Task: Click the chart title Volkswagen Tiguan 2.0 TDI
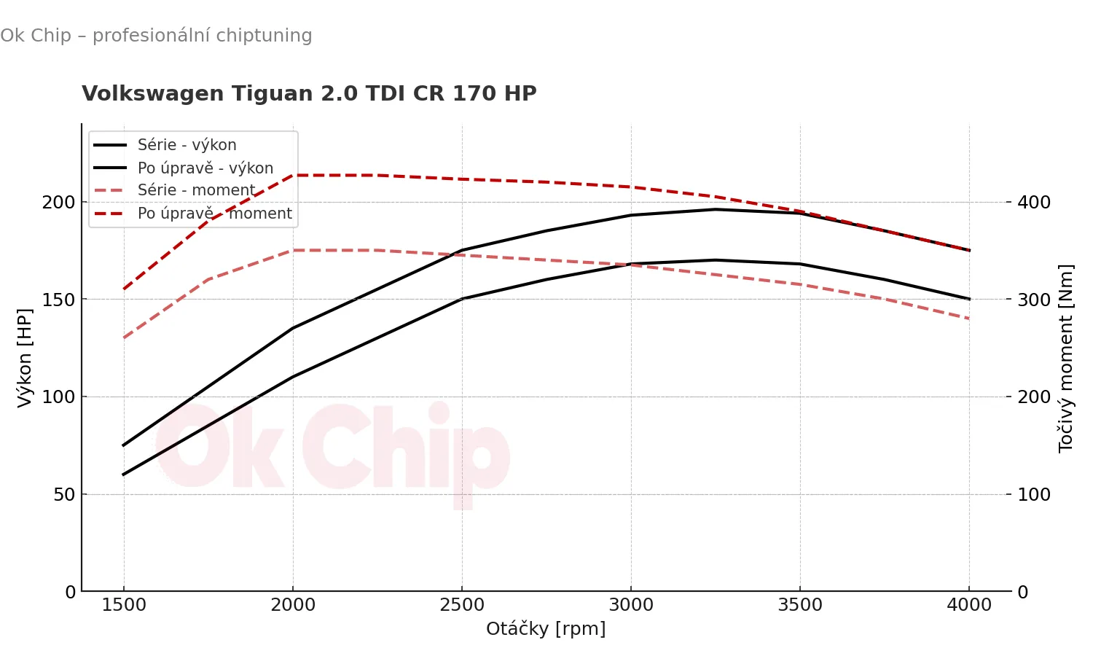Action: (309, 94)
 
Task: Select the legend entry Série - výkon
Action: (187, 145)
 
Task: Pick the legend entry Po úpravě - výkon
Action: (205, 168)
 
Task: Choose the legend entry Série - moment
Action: (196, 190)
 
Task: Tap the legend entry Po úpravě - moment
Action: (214, 214)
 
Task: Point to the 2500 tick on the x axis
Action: (462, 605)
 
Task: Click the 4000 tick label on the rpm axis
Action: (969, 605)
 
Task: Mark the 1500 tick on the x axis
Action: (124, 605)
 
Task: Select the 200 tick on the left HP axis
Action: (58, 202)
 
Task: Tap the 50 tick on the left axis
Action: (64, 494)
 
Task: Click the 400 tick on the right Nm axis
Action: (1034, 202)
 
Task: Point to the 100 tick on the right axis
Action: (1034, 494)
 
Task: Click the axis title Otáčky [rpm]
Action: (546, 628)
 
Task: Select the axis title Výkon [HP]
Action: (25, 357)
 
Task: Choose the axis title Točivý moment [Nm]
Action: (1065, 357)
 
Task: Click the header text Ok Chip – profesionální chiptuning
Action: (156, 36)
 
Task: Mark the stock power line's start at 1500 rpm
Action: (124, 475)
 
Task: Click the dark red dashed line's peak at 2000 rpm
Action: (293, 176)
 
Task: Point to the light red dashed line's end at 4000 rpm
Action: (969, 319)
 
